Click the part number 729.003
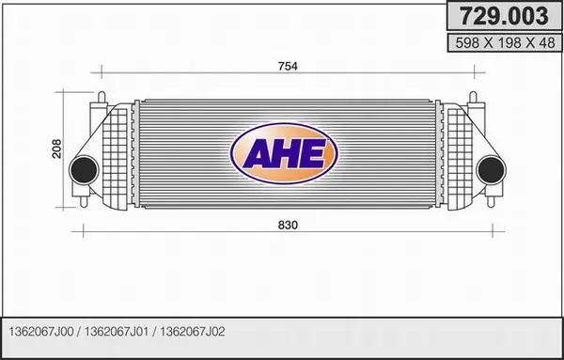[x=504, y=16]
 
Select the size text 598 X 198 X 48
[x=505, y=43]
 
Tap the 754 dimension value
[x=288, y=66]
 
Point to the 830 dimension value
[x=288, y=226]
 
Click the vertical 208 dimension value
[x=56, y=149]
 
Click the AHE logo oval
[x=284, y=153]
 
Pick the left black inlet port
[x=85, y=170]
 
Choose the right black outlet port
[x=491, y=170]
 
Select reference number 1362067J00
[x=41, y=331]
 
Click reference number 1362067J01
[x=117, y=331]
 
